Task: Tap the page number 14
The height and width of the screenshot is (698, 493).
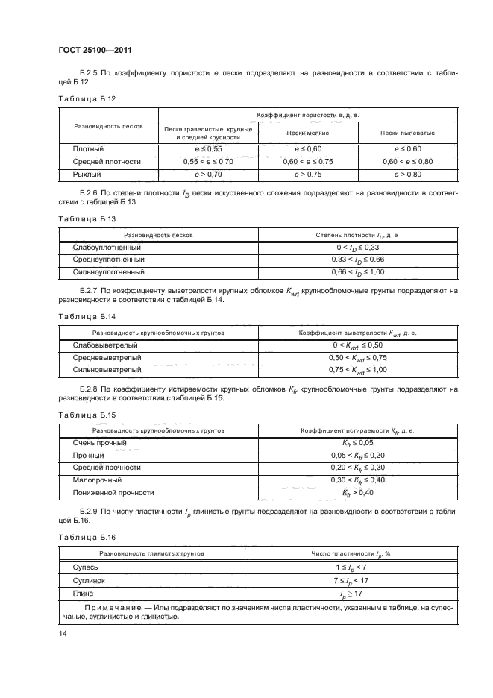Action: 63,633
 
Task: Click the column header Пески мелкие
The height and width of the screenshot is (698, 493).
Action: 307,132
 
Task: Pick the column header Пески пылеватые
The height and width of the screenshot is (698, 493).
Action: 407,132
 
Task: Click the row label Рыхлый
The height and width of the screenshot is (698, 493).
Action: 86,174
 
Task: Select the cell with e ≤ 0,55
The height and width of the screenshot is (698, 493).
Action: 208,149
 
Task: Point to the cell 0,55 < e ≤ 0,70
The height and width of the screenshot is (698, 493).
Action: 208,161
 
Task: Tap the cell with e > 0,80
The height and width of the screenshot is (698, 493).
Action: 407,174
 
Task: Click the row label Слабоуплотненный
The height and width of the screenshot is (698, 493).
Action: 107,247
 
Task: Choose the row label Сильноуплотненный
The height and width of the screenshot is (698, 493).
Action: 108,271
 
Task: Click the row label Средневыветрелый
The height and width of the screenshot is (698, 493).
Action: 107,357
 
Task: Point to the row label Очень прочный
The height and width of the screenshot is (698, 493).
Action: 99,443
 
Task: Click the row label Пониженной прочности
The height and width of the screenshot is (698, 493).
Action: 113,493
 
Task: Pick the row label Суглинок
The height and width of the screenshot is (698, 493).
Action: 89,579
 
